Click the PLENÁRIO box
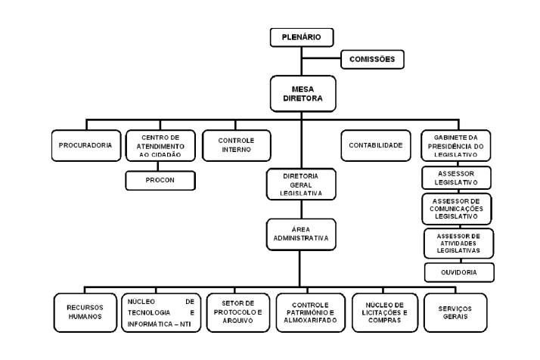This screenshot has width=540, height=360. tap(302, 37)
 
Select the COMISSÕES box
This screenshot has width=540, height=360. tap(372, 59)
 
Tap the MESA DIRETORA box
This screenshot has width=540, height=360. tap(303, 94)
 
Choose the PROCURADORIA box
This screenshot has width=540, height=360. tap(86, 145)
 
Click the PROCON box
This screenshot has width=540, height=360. tap(160, 180)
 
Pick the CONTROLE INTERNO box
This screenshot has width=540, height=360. tap(237, 145)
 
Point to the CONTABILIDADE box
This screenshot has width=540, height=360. tap(376, 145)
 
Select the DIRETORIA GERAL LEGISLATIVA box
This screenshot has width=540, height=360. tap(301, 185)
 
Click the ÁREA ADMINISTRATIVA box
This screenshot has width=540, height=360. tap(301, 234)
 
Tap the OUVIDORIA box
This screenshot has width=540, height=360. tap(459, 272)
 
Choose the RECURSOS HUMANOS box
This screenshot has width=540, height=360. tap(85, 312)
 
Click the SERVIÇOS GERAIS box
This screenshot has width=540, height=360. tap(455, 312)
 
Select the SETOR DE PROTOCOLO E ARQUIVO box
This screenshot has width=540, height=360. tap(238, 312)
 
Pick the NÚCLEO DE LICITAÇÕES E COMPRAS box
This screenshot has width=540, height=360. tap(385, 312)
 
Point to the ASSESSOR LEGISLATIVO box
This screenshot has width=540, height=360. tap(456, 178)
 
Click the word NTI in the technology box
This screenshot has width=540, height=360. tap(185, 324)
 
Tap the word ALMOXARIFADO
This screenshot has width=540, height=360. tap(310, 321)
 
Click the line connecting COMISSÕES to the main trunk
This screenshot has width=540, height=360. tap(321, 58)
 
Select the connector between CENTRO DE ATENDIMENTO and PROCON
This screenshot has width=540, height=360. tap(158, 166)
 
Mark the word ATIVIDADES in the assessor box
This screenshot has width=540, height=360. tap(458, 244)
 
